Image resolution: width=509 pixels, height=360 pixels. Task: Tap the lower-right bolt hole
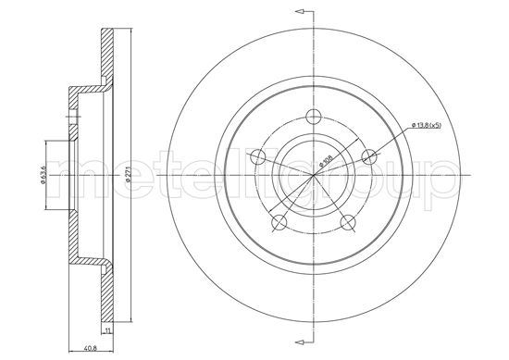click(348, 221)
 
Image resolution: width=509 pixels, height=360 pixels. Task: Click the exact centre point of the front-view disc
click(315, 173)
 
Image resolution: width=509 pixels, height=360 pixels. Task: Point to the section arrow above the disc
click(297, 11)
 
